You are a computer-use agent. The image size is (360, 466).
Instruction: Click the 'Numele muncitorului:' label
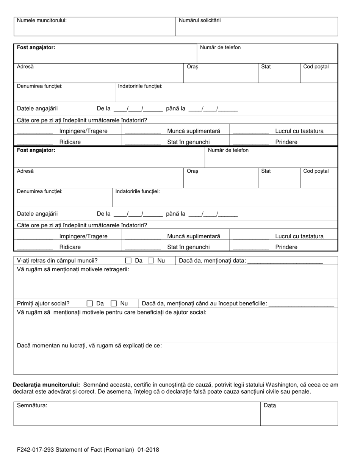pos(42,20)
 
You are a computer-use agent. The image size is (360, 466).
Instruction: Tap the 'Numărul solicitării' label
pos(200,20)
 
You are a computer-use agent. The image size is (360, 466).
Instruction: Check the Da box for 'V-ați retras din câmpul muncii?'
pos(128,261)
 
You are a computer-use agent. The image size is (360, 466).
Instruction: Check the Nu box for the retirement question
pos(150,261)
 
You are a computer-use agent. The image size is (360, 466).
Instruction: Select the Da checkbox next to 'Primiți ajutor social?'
pos(90,303)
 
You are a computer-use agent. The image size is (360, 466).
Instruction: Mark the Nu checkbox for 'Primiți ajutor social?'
pos(114,303)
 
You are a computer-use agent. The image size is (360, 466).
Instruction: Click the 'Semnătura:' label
pos(32,405)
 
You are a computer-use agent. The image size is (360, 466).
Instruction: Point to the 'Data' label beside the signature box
pos(270,405)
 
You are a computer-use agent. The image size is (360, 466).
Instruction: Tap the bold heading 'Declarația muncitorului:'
pos(47,385)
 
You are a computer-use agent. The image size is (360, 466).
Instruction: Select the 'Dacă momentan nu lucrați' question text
pos(89,346)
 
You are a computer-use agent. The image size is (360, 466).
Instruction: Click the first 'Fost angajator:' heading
pos(36,47)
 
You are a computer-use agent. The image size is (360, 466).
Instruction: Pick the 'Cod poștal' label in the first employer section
pos(316,67)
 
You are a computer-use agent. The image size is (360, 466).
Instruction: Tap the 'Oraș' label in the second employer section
pos(193,171)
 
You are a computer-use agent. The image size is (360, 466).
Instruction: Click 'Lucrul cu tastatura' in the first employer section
pos(299,131)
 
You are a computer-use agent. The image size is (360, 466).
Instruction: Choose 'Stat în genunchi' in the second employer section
pos(188,247)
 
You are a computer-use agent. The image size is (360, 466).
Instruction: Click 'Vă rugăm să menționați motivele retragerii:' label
pos(73,269)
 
